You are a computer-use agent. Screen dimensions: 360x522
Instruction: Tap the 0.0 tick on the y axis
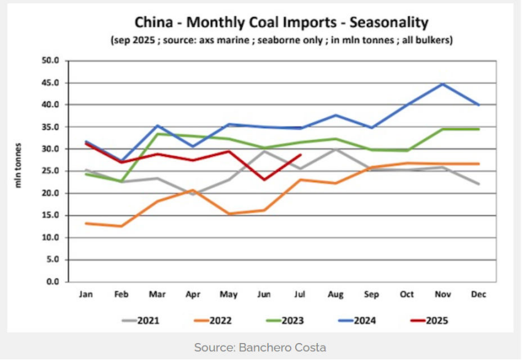(52, 281)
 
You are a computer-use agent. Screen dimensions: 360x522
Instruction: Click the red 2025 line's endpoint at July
(302, 155)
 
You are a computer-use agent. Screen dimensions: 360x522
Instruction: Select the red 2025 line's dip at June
(265, 180)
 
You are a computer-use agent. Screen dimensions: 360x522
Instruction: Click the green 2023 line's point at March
(156, 134)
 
